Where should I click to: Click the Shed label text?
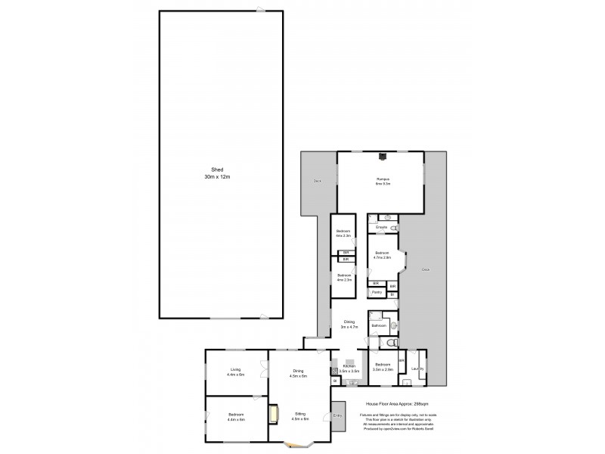221,173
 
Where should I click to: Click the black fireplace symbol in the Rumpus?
383,158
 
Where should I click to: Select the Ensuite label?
382,227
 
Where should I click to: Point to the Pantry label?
376,291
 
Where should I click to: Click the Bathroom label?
379,325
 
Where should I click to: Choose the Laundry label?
417,370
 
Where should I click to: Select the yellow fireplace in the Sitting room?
274,413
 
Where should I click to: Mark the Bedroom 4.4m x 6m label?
235,417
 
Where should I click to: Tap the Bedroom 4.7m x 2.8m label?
382,255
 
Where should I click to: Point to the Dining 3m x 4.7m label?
348,325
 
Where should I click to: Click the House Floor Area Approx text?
392,404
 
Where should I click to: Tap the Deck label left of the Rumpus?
317,181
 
